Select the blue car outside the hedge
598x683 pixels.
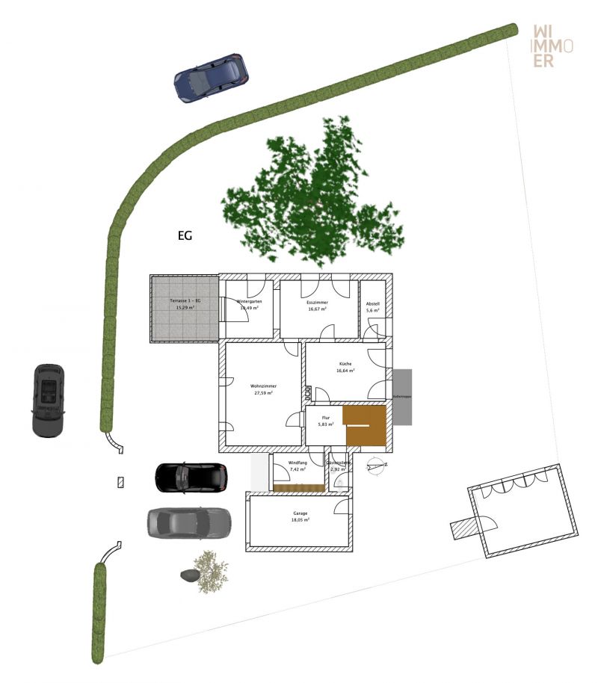(x=210, y=77)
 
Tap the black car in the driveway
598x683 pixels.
(x=191, y=477)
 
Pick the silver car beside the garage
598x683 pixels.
(x=188, y=522)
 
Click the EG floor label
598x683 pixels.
(x=185, y=236)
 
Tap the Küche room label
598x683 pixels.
(x=345, y=366)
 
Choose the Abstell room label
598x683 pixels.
(x=372, y=307)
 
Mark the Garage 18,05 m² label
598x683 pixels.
(x=300, y=517)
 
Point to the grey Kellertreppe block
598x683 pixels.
(x=401, y=397)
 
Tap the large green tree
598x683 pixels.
(x=314, y=194)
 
